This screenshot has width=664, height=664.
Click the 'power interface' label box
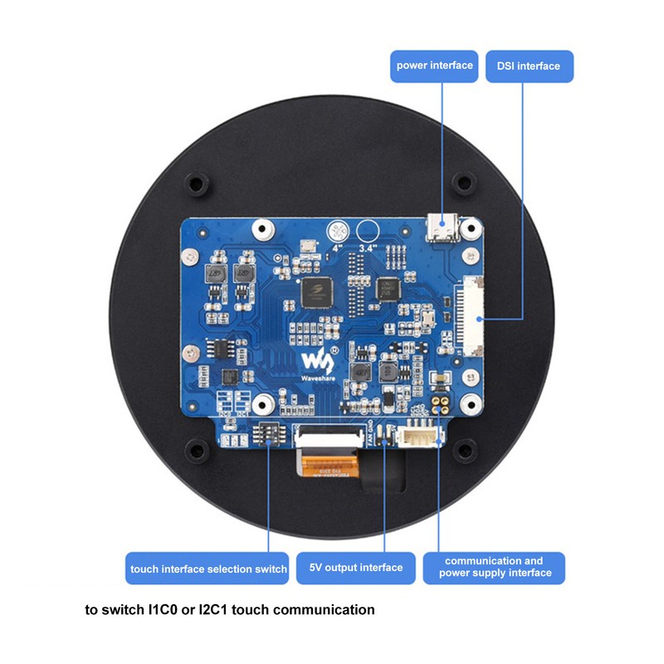[x=434, y=66]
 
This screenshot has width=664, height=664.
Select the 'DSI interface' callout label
[x=528, y=66]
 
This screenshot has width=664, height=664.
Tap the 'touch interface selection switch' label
[x=208, y=569]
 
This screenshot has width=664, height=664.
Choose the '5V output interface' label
[x=355, y=568]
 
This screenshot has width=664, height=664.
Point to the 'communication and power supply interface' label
[x=494, y=567]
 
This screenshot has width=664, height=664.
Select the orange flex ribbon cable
[x=330, y=466]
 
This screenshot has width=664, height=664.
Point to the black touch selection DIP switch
[x=269, y=432]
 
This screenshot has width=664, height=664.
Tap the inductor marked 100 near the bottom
[x=361, y=373]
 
